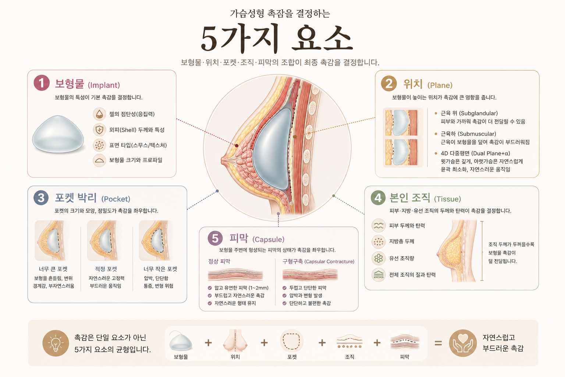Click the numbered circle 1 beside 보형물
tap(42, 83)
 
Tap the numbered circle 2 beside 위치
tap(389, 83)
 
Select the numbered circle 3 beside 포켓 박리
tap(41, 198)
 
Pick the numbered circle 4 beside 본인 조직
tap(378, 198)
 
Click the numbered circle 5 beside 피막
tap(215, 238)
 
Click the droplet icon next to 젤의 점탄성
tap(99, 114)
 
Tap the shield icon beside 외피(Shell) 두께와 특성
tap(99, 130)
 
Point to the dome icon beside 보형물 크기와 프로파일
tap(99, 161)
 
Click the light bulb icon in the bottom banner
tap(56, 343)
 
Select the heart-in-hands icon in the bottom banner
tap(463, 343)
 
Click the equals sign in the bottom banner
tap(438, 343)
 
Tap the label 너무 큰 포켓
tap(53, 269)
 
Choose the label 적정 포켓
tap(106, 269)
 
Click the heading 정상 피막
tap(219, 261)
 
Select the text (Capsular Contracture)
tap(330, 262)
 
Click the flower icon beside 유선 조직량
tap(379, 258)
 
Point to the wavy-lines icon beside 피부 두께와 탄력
tap(379, 225)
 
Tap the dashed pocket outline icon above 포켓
tap(292, 341)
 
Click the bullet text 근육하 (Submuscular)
tap(468, 134)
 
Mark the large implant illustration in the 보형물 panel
tap(58, 134)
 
